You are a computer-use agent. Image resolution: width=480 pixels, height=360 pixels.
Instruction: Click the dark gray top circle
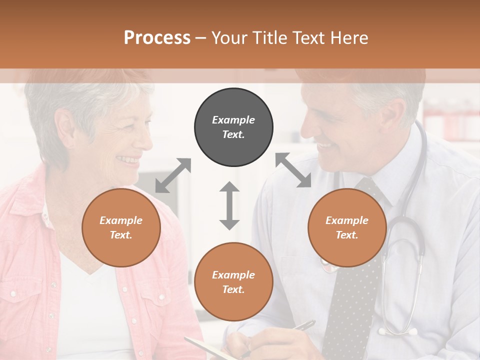pos(233,127)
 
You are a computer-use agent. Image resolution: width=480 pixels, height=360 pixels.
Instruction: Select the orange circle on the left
pos(121,227)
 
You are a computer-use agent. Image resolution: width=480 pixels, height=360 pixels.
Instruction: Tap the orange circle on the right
pos(347,227)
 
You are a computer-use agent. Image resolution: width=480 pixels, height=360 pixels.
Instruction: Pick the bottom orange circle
pos(233,282)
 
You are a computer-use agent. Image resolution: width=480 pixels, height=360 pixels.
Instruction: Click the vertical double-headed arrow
pos(229,205)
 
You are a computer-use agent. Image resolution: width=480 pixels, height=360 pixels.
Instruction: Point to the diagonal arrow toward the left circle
pos(173,175)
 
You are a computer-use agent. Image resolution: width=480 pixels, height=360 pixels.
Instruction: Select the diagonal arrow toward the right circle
pos(293,170)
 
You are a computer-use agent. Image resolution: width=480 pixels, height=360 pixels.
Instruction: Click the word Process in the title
pos(157,37)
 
